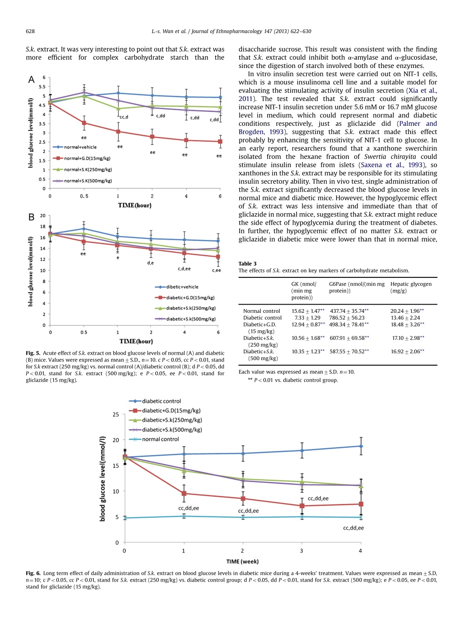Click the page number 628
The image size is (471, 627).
[30, 31]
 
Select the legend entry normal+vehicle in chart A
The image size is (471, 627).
[75, 147]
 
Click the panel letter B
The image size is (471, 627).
[31, 217]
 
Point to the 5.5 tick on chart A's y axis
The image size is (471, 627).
[42, 86]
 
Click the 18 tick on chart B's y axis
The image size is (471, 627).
[43, 226]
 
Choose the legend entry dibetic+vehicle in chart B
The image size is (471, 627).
[177, 287]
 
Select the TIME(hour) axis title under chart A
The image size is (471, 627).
[135, 205]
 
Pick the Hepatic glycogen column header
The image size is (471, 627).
[411, 288]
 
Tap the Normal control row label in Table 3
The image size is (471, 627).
[261, 311]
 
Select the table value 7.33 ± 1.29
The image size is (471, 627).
[307, 318]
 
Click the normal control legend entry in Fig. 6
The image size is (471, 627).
[154, 439]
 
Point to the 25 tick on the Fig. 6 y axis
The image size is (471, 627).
[116, 414]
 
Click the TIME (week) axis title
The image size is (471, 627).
[242, 561]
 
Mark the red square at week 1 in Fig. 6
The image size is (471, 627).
[184, 493]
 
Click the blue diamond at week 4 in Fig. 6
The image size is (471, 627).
[361, 446]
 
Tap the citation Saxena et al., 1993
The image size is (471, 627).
[391, 165]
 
